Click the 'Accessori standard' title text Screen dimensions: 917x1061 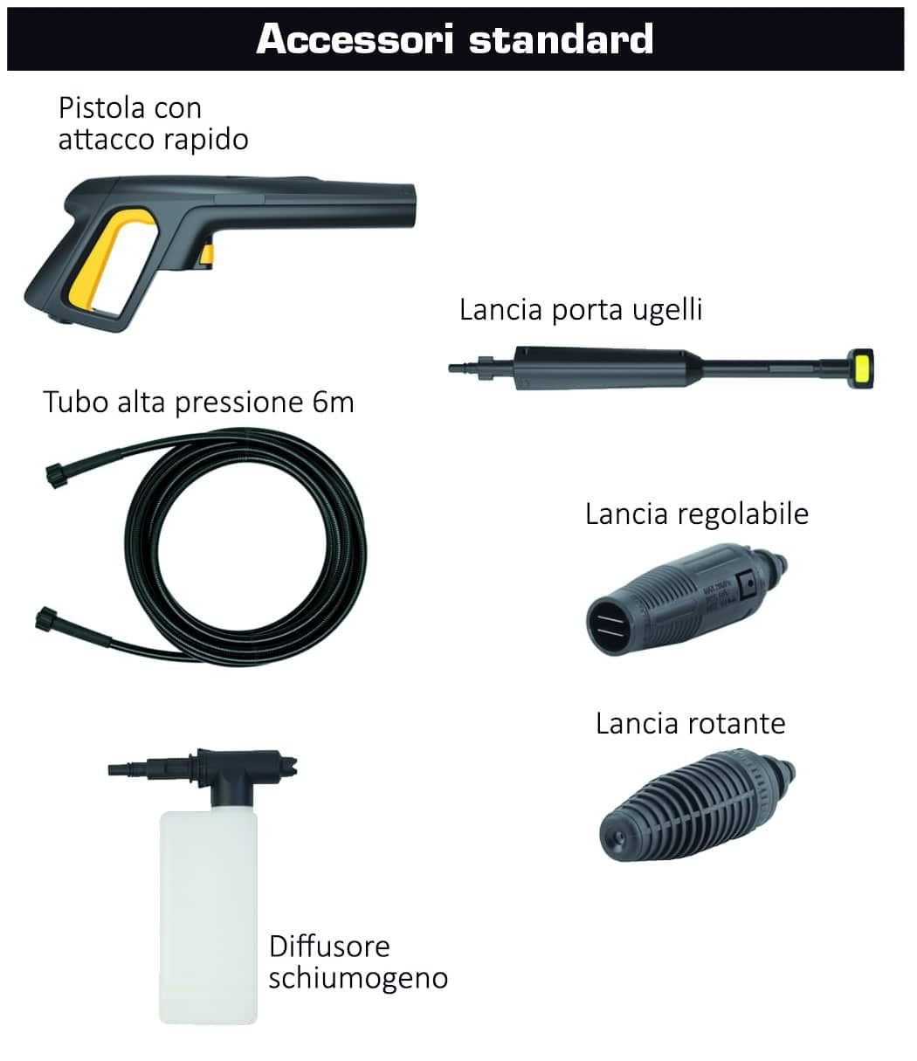click(x=454, y=39)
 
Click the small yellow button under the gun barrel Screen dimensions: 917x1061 click(x=207, y=256)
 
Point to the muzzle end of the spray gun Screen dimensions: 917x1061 click(x=410, y=205)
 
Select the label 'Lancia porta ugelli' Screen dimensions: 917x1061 click(x=581, y=309)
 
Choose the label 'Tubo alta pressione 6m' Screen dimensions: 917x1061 click(x=199, y=402)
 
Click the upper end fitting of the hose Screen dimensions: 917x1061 click(x=57, y=475)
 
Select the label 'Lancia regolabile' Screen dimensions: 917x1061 click(x=697, y=513)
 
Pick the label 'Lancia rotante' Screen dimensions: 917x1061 click(x=690, y=724)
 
